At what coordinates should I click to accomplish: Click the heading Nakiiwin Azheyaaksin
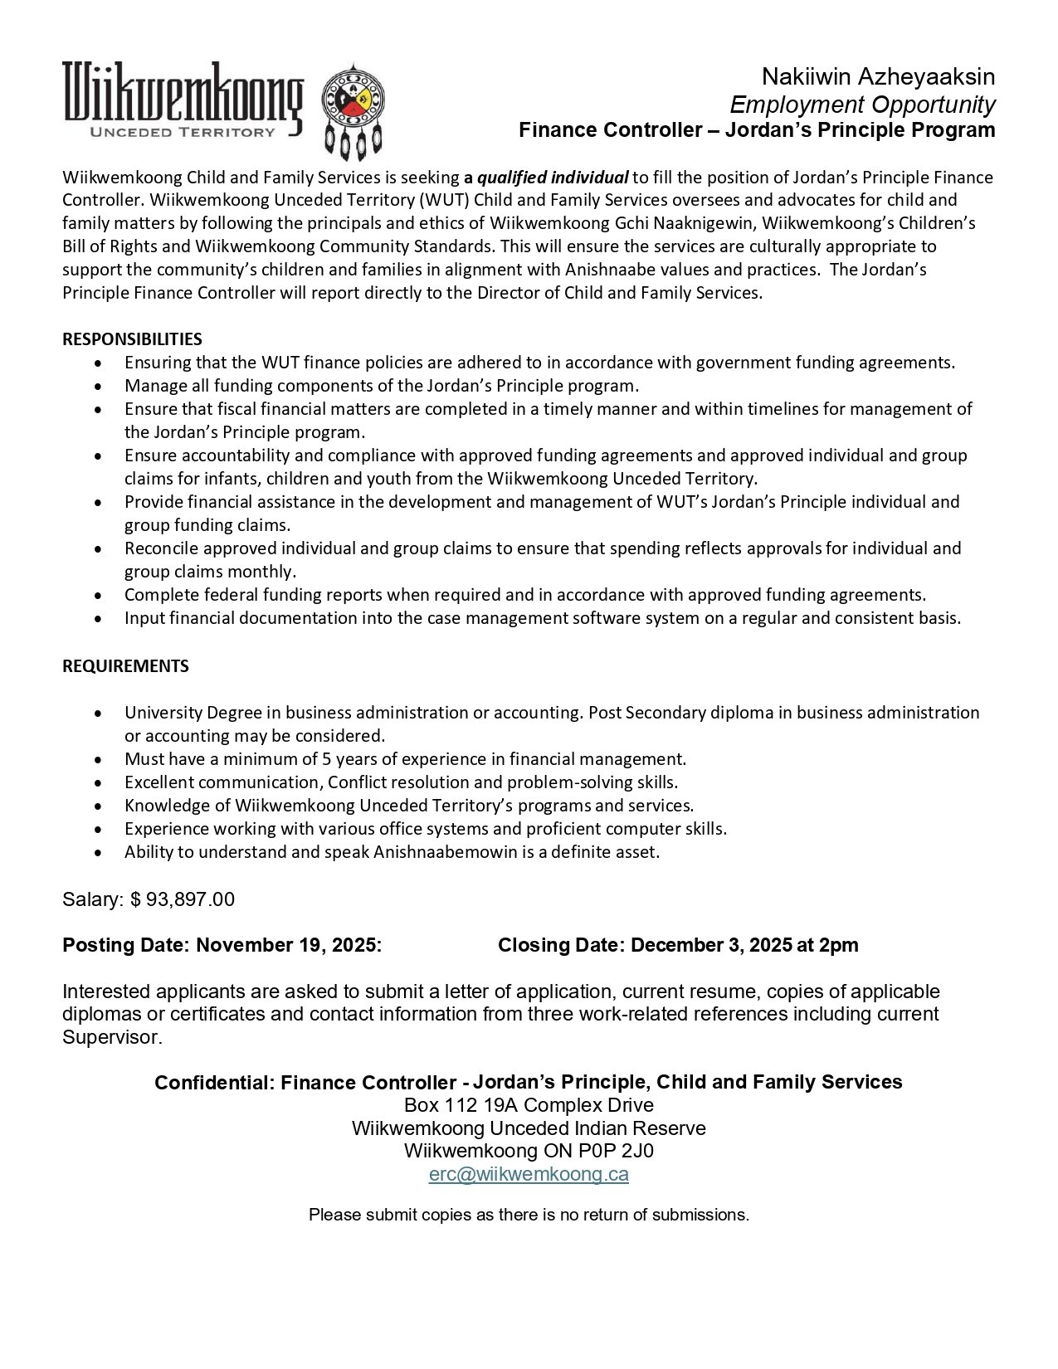click(878, 77)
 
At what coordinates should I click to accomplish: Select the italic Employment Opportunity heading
click(862, 105)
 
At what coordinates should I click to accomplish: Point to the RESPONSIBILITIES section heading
click(132, 339)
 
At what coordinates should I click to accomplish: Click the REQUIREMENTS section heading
click(125, 665)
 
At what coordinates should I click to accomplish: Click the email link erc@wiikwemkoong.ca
click(529, 1174)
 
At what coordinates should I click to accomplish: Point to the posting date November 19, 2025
click(287, 945)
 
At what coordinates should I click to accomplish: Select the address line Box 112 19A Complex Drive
click(529, 1105)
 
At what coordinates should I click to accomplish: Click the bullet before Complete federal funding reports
click(100, 595)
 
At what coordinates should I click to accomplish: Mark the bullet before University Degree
click(100, 713)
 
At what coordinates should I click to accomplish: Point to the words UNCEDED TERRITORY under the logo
click(182, 131)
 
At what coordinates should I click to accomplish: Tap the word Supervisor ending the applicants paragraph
click(110, 1037)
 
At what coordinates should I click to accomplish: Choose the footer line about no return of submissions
click(529, 1215)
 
